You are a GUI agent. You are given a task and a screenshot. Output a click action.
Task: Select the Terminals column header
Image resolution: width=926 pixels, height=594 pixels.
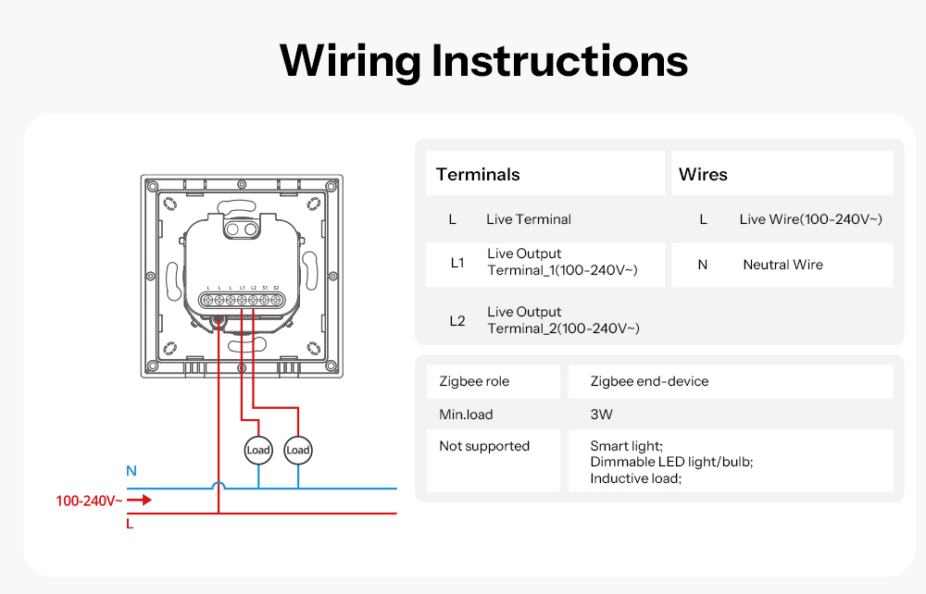point(478,175)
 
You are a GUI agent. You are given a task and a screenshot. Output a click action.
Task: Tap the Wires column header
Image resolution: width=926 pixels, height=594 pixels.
point(703,175)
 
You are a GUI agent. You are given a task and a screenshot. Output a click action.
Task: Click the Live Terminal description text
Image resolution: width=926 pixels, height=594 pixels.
point(528,219)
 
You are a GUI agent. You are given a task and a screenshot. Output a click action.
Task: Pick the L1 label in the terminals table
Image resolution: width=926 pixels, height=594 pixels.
point(457,263)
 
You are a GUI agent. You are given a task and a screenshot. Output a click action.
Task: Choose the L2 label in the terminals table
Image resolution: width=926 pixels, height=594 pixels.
point(457,321)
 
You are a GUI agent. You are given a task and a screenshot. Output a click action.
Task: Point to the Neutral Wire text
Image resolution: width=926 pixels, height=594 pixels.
point(782,265)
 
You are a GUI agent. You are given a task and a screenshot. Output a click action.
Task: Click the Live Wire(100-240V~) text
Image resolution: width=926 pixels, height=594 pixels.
point(810,219)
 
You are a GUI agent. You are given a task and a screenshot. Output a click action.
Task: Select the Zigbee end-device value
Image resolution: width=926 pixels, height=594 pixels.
point(649,381)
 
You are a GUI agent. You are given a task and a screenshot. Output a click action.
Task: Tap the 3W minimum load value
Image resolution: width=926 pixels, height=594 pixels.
point(602,415)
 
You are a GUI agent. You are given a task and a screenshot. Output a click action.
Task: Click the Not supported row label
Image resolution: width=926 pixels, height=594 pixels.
point(484,446)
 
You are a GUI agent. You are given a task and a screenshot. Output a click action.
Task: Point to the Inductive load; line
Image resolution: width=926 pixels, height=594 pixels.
point(635,478)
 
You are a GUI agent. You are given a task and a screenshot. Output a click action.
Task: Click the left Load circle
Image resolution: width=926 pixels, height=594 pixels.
point(258,451)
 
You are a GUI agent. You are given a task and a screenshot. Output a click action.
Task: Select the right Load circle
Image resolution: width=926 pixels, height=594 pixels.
point(297,451)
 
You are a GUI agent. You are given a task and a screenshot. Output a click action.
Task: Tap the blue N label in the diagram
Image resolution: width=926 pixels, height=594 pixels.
point(131,471)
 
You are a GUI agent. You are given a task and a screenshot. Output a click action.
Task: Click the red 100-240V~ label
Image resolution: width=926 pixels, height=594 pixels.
point(89,501)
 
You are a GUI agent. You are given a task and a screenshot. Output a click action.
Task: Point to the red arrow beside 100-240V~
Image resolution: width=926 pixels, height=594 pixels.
point(139,501)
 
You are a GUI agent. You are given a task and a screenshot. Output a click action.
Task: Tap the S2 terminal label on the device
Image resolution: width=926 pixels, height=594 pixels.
point(276,288)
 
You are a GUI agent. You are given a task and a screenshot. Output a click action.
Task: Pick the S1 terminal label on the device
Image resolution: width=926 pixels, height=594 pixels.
point(265,288)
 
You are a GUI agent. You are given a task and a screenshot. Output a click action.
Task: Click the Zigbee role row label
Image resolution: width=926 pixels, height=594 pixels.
point(474,381)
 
